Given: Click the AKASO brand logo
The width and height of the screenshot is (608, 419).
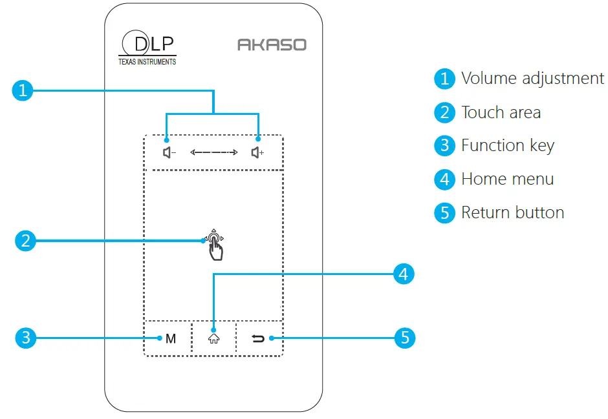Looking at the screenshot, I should click(x=272, y=45).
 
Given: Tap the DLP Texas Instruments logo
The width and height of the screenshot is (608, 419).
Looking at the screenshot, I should click(x=147, y=48).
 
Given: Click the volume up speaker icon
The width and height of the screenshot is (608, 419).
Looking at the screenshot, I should click(x=258, y=153).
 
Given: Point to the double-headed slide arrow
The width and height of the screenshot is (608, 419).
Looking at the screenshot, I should click(x=214, y=153).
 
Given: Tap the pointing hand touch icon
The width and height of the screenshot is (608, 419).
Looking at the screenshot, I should click(x=214, y=245).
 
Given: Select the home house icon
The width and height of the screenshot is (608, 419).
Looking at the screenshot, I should click(x=214, y=337).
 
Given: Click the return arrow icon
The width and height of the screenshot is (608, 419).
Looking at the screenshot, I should click(x=258, y=338).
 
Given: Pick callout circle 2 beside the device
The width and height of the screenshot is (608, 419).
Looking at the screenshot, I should click(x=25, y=241).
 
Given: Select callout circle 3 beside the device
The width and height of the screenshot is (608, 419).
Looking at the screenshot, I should click(x=25, y=337).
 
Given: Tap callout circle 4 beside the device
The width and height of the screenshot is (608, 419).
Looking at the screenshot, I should click(x=404, y=274).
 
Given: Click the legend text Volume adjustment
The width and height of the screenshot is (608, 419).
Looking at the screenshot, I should click(x=532, y=79).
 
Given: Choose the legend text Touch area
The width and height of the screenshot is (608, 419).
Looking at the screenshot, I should click(x=501, y=112).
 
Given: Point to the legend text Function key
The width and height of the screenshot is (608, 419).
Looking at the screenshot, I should click(x=508, y=146).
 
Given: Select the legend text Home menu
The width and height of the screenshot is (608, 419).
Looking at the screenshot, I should click(x=507, y=179).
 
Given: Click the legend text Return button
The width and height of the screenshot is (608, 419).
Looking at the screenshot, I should click(x=512, y=212).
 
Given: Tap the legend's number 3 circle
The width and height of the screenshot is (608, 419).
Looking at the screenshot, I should click(x=444, y=146).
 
